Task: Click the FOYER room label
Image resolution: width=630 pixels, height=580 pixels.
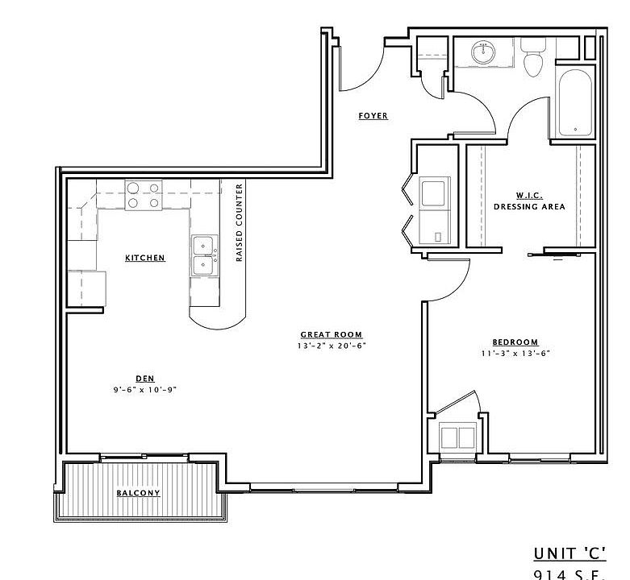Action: (x=373, y=116)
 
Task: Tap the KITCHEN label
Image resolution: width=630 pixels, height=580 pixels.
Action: (x=145, y=258)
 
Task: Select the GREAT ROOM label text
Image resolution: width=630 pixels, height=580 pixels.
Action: (x=331, y=334)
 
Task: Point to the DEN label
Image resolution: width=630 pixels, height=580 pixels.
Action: (x=145, y=379)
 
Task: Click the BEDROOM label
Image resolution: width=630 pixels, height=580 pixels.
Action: (x=516, y=342)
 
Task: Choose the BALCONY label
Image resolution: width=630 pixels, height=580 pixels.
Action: (x=138, y=493)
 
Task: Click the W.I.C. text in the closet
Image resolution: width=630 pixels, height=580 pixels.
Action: (x=529, y=195)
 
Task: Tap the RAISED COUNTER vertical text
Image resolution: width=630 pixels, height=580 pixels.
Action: (x=240, y=223)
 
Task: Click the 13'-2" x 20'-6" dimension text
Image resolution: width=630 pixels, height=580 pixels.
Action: (x=331, y=346)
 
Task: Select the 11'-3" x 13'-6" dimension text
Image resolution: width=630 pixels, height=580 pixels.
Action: (x=516, y=354)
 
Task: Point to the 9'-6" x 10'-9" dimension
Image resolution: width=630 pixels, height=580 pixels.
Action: (x=145, y=390)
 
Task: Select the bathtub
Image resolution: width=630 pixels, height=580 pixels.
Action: (x=574, y=100)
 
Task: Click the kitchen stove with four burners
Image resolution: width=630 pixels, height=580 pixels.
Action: (x=144, y=195)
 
